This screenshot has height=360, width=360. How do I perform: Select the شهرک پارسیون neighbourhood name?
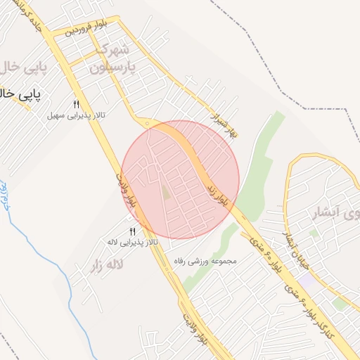111,59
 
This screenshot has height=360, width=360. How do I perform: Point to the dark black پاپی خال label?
20,94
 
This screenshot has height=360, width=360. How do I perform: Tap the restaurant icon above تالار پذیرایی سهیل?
76,104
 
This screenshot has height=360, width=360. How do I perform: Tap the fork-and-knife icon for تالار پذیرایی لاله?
132,231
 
